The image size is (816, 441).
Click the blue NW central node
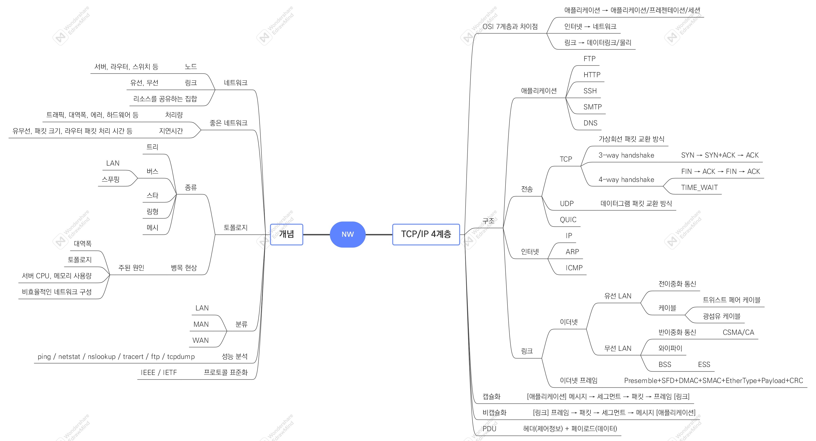pos(348,234)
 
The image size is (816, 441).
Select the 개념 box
pos(286,234)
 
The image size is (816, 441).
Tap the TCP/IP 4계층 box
pos(426,234)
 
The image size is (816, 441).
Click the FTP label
pos(589,59)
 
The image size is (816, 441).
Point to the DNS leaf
pos(590,123)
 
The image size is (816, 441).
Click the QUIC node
pos(568,220)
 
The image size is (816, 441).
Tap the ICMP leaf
pos(574,268)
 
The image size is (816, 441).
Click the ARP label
pos(572,252)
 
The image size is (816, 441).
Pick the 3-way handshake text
pos(626,155)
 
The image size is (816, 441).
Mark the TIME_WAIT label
pos(699,187)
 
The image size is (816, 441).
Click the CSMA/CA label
pos(738,332)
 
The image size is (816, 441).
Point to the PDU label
pos(489,429)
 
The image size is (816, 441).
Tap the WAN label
pos(201,341)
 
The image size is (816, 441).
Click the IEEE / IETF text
pos(159,372)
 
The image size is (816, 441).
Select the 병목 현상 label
pos(184,268)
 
